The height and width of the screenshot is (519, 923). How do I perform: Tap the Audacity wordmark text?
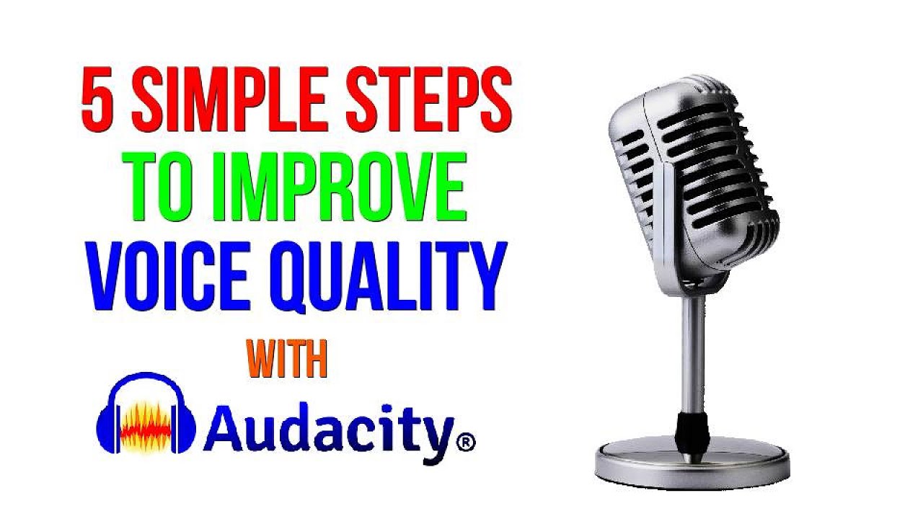coord(329,431)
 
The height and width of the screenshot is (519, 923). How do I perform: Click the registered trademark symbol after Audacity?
coord(466,440)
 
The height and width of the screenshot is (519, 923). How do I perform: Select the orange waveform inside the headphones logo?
coord(146,425)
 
